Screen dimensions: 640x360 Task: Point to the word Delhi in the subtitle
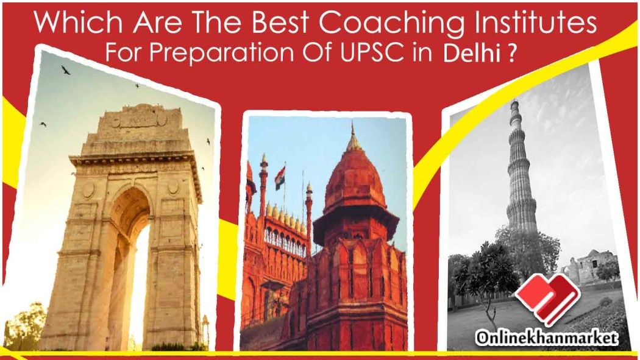click(471, 54)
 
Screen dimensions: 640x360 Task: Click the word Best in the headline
click(280, 23)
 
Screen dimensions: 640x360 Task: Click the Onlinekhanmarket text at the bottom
click(547, 338)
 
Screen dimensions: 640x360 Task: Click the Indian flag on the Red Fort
click(280, 178)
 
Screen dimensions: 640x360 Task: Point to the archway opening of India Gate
click(130, 265)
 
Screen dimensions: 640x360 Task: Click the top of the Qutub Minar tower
click(515, 107)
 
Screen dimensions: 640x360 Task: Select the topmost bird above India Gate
click(66, 70)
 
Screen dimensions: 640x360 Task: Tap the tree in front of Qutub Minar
click(486, 273)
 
